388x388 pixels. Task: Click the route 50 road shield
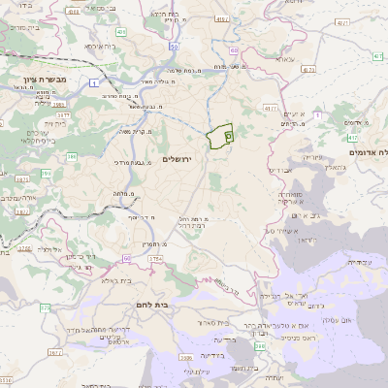click(173, 46)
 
